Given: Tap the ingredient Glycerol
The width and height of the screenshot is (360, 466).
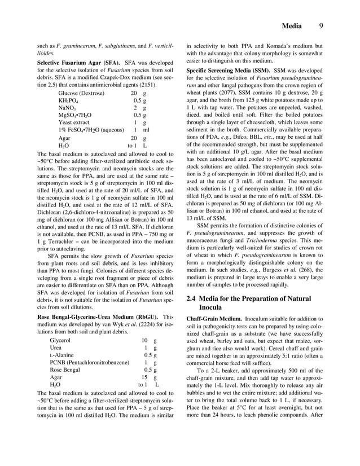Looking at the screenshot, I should [60, 341].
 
